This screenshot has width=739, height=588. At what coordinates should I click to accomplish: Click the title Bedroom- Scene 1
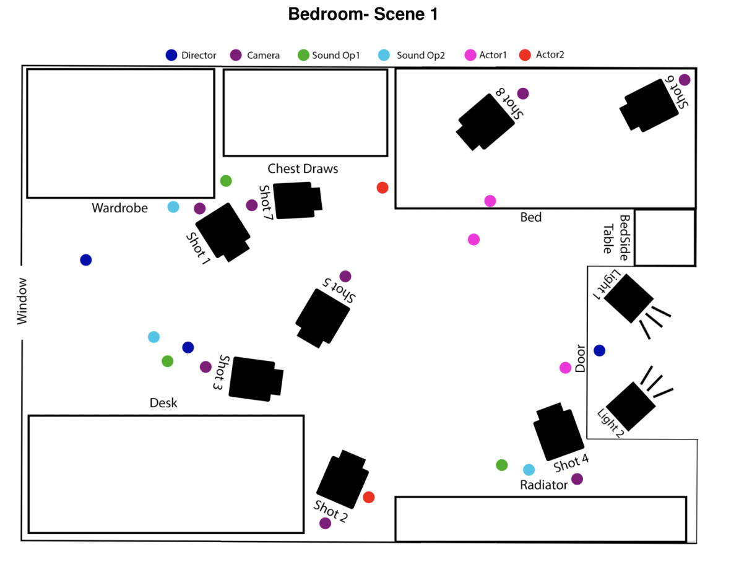pyautogui.click(x=363, y=15)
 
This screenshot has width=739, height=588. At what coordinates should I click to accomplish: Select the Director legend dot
pyautogui.click(x=171, y=55)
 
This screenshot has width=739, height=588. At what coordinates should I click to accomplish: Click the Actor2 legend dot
pyautogui.click(x=526, y=54)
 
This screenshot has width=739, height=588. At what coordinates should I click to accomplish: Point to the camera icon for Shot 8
pyautogui.click(x=486, y=121)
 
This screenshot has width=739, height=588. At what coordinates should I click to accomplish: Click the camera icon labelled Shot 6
pyautogui.click(x=650, y=105)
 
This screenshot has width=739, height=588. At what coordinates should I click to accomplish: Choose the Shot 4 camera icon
pyautogui.click(x=558, y=433)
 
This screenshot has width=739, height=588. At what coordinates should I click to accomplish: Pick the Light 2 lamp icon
pyautogui.click(x=631, y=405)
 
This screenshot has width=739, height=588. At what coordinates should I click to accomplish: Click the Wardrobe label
pyautogui.click(x=120, y=208)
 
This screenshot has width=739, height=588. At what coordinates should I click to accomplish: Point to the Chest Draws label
pyautogui.click(x=303, y=168)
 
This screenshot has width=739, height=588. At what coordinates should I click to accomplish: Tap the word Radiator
pyautogui.click(x=543, y=485)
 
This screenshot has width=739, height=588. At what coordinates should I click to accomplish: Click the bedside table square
pyautogui.click(x=665, y=238)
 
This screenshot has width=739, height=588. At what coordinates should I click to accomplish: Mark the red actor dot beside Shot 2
pyautogui.click(x=369, y=497)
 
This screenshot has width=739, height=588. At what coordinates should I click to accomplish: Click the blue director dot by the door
pyautogui.click(x=599, y=351)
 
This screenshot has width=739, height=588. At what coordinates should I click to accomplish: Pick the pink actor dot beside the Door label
pyautogui.click(x=565, y=368)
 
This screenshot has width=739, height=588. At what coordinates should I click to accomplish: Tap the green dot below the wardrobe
pyautogui.click(x=226, y=181)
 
